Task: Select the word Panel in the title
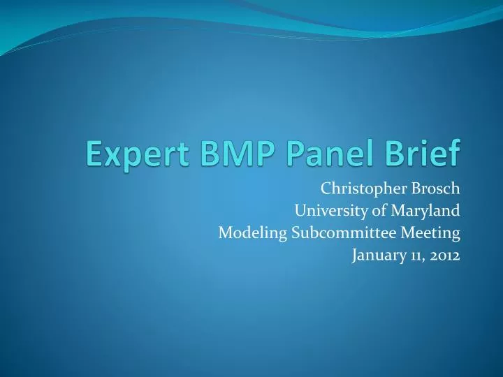point(320,152)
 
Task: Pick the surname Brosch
point(435,188)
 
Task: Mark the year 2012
point(444,256)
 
